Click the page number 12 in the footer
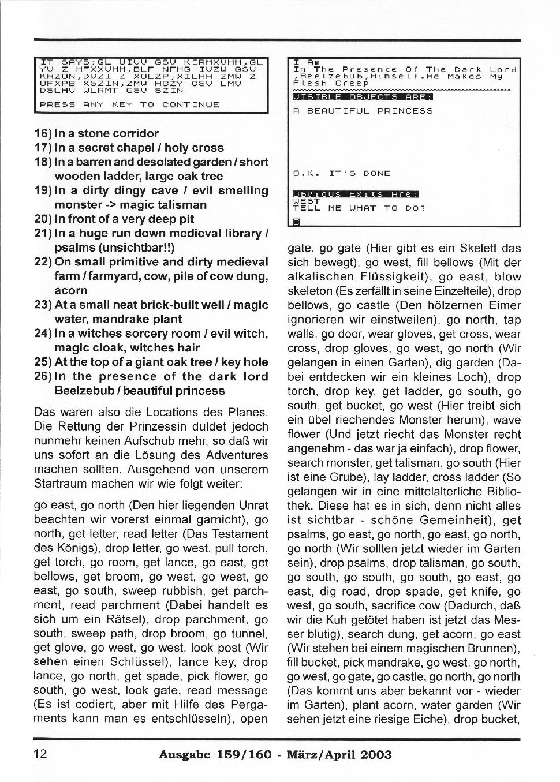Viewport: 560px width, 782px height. coord(42,754)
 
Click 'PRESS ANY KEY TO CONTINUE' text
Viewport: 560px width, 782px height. coord(129,104)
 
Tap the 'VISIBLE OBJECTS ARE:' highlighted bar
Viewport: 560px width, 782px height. coord(363,97)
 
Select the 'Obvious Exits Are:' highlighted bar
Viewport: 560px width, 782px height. coord(356,194)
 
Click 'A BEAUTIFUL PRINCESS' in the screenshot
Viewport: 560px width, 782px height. coord(363,111)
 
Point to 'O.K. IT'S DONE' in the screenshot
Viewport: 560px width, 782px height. coord(342,173)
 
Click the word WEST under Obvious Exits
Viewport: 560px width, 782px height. coord(306,201)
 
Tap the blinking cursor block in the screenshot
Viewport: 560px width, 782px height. coord(296,222)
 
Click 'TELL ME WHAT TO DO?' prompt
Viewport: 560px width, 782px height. coord(359,208)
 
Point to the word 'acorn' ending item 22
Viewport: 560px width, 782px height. coord(71,290)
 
